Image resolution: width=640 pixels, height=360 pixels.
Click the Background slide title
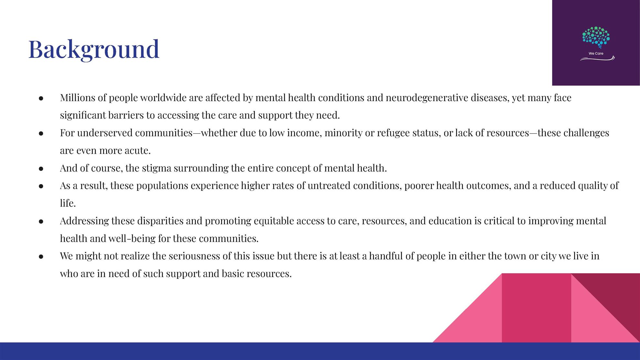(x=94, y=49)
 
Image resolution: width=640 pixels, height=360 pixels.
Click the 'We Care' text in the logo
(x=596, y=54)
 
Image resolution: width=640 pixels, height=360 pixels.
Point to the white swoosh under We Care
(x=597, y=58)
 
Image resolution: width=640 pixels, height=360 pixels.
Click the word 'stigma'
(x=156, y=168)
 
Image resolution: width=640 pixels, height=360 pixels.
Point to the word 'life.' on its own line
(x=68, y=203)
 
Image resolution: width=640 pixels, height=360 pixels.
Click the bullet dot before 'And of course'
(x=41, y=169)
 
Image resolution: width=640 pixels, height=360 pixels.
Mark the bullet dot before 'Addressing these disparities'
(x=41, y=222)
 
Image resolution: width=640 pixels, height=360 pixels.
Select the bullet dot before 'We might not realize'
(x=41, y=257)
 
